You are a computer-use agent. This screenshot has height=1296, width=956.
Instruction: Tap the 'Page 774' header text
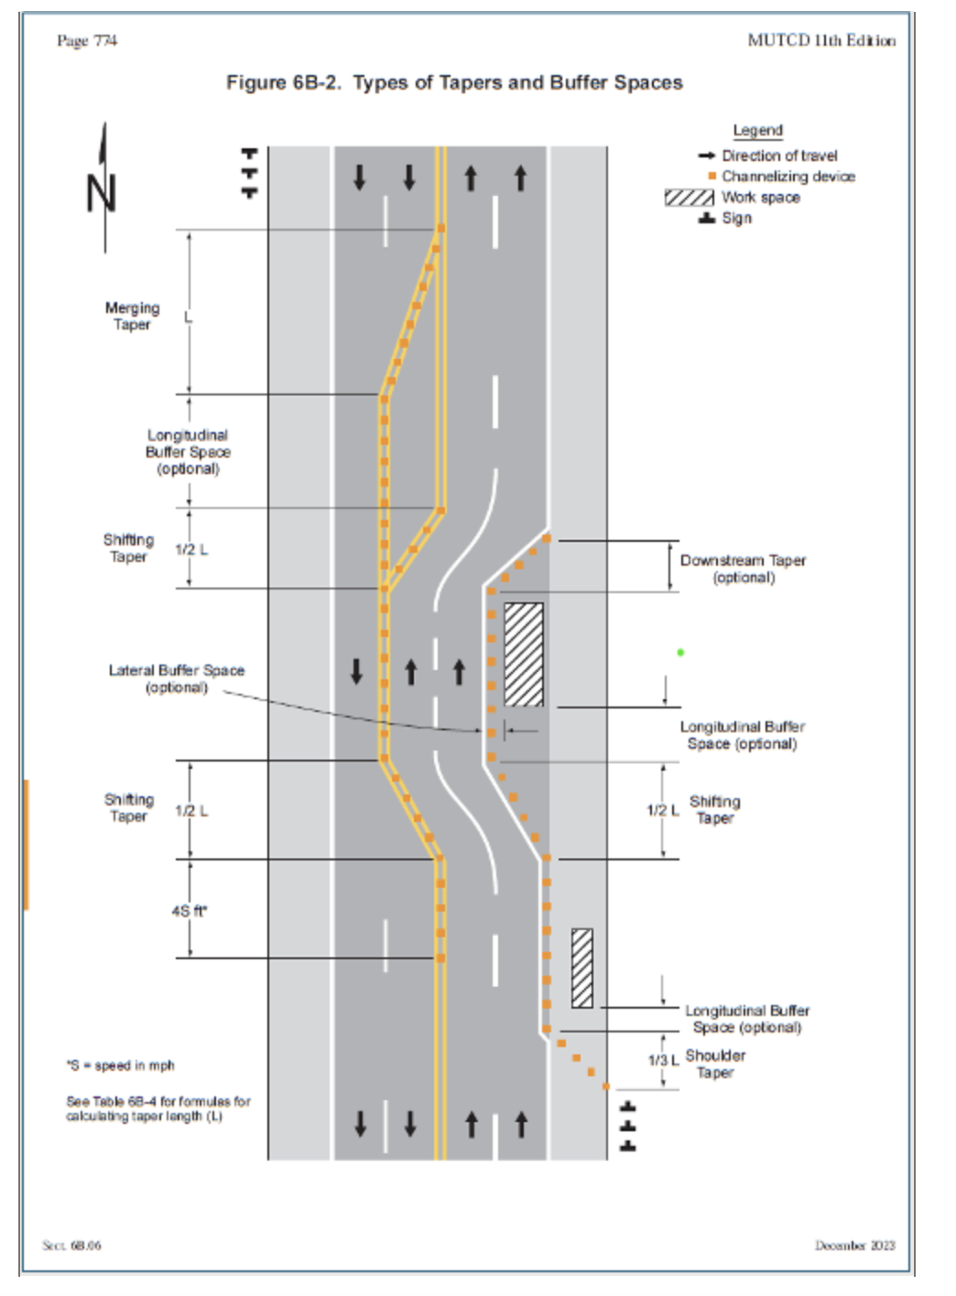tap(87, 40)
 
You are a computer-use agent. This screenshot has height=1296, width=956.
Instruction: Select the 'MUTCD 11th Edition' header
tap(821, 40)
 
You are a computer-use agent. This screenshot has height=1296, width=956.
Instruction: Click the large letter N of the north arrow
tap(102, 193)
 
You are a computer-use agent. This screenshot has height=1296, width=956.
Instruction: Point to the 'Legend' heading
tap(758, 131)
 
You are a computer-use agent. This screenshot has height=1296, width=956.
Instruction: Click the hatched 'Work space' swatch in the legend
tap(690, 198)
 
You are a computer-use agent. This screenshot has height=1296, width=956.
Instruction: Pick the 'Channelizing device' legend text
tap(788, 177)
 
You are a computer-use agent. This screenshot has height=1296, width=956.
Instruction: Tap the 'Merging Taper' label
tap(133, 316)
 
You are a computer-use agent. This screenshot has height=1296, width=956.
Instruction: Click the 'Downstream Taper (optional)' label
tap(743, 568)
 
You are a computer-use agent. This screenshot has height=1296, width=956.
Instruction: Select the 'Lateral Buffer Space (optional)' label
tap(177, 679)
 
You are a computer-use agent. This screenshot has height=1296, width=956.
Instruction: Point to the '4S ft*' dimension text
tap(190, 912)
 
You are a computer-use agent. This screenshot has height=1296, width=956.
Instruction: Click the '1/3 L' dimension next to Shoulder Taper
tap(663, 1060)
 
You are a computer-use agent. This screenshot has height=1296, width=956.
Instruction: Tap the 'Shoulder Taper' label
tap(715, 1064)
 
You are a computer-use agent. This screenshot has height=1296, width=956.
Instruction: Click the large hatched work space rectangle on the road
tap(524, 654)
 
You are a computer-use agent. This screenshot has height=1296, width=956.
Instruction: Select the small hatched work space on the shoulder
tap(582, 968)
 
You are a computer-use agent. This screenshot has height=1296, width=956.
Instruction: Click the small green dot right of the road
tap(680, 653)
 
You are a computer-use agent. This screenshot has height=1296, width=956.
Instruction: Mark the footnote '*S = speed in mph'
tap(120, 1065)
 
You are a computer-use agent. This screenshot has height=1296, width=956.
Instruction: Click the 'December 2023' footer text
tap(854, 1245)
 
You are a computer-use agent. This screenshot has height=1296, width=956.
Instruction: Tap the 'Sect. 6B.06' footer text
tap(71, 1245)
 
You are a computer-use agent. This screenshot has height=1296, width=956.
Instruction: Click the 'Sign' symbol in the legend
tap(707, 219)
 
